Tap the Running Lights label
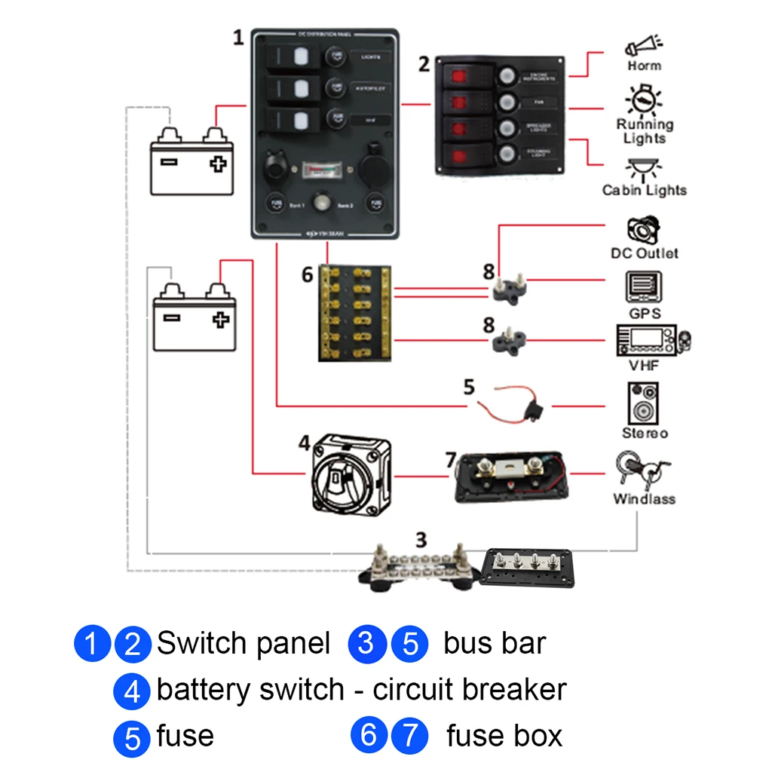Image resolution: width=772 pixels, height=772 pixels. [x=645, y=131]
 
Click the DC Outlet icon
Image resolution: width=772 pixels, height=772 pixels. [x=643, y=229]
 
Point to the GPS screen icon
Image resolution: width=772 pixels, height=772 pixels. [x=644, y=288]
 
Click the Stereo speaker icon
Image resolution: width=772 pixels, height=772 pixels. [x=644, y=404]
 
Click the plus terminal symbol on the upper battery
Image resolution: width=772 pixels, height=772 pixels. [x=218, y=162]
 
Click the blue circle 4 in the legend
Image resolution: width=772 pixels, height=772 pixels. [x=131, y=691]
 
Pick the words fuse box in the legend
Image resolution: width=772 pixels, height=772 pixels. [x=504, y=736]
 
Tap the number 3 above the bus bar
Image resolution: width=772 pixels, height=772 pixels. [x=421, y=540]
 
